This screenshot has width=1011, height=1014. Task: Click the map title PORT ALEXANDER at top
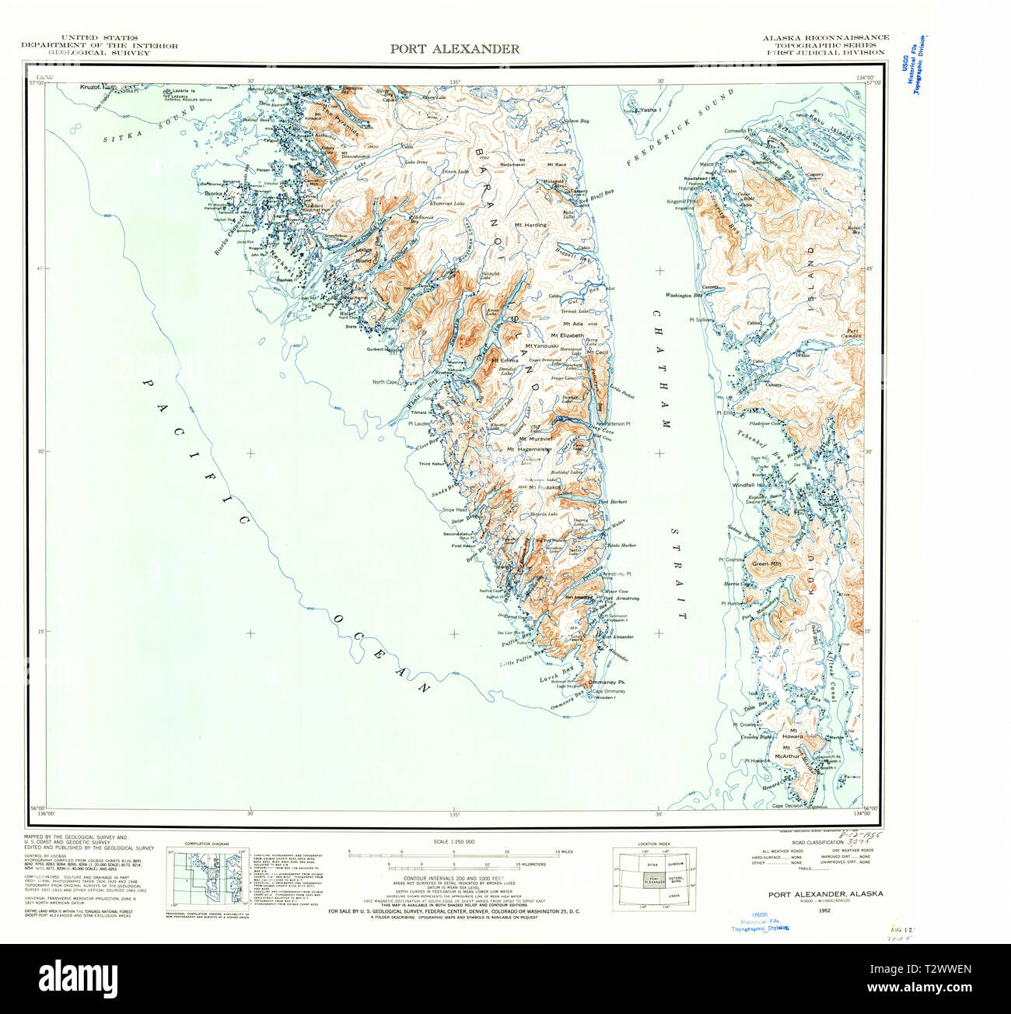click(455, 49)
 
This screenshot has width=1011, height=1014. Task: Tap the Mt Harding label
click(530, 225)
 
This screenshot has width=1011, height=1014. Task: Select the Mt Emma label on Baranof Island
click(504, 360)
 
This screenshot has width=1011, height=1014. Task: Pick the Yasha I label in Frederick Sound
click(649, 111)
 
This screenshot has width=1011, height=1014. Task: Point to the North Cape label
click(384, 382)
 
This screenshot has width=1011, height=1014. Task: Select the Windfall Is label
click(748, 485)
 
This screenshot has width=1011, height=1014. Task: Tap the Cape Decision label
click(787, 806)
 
